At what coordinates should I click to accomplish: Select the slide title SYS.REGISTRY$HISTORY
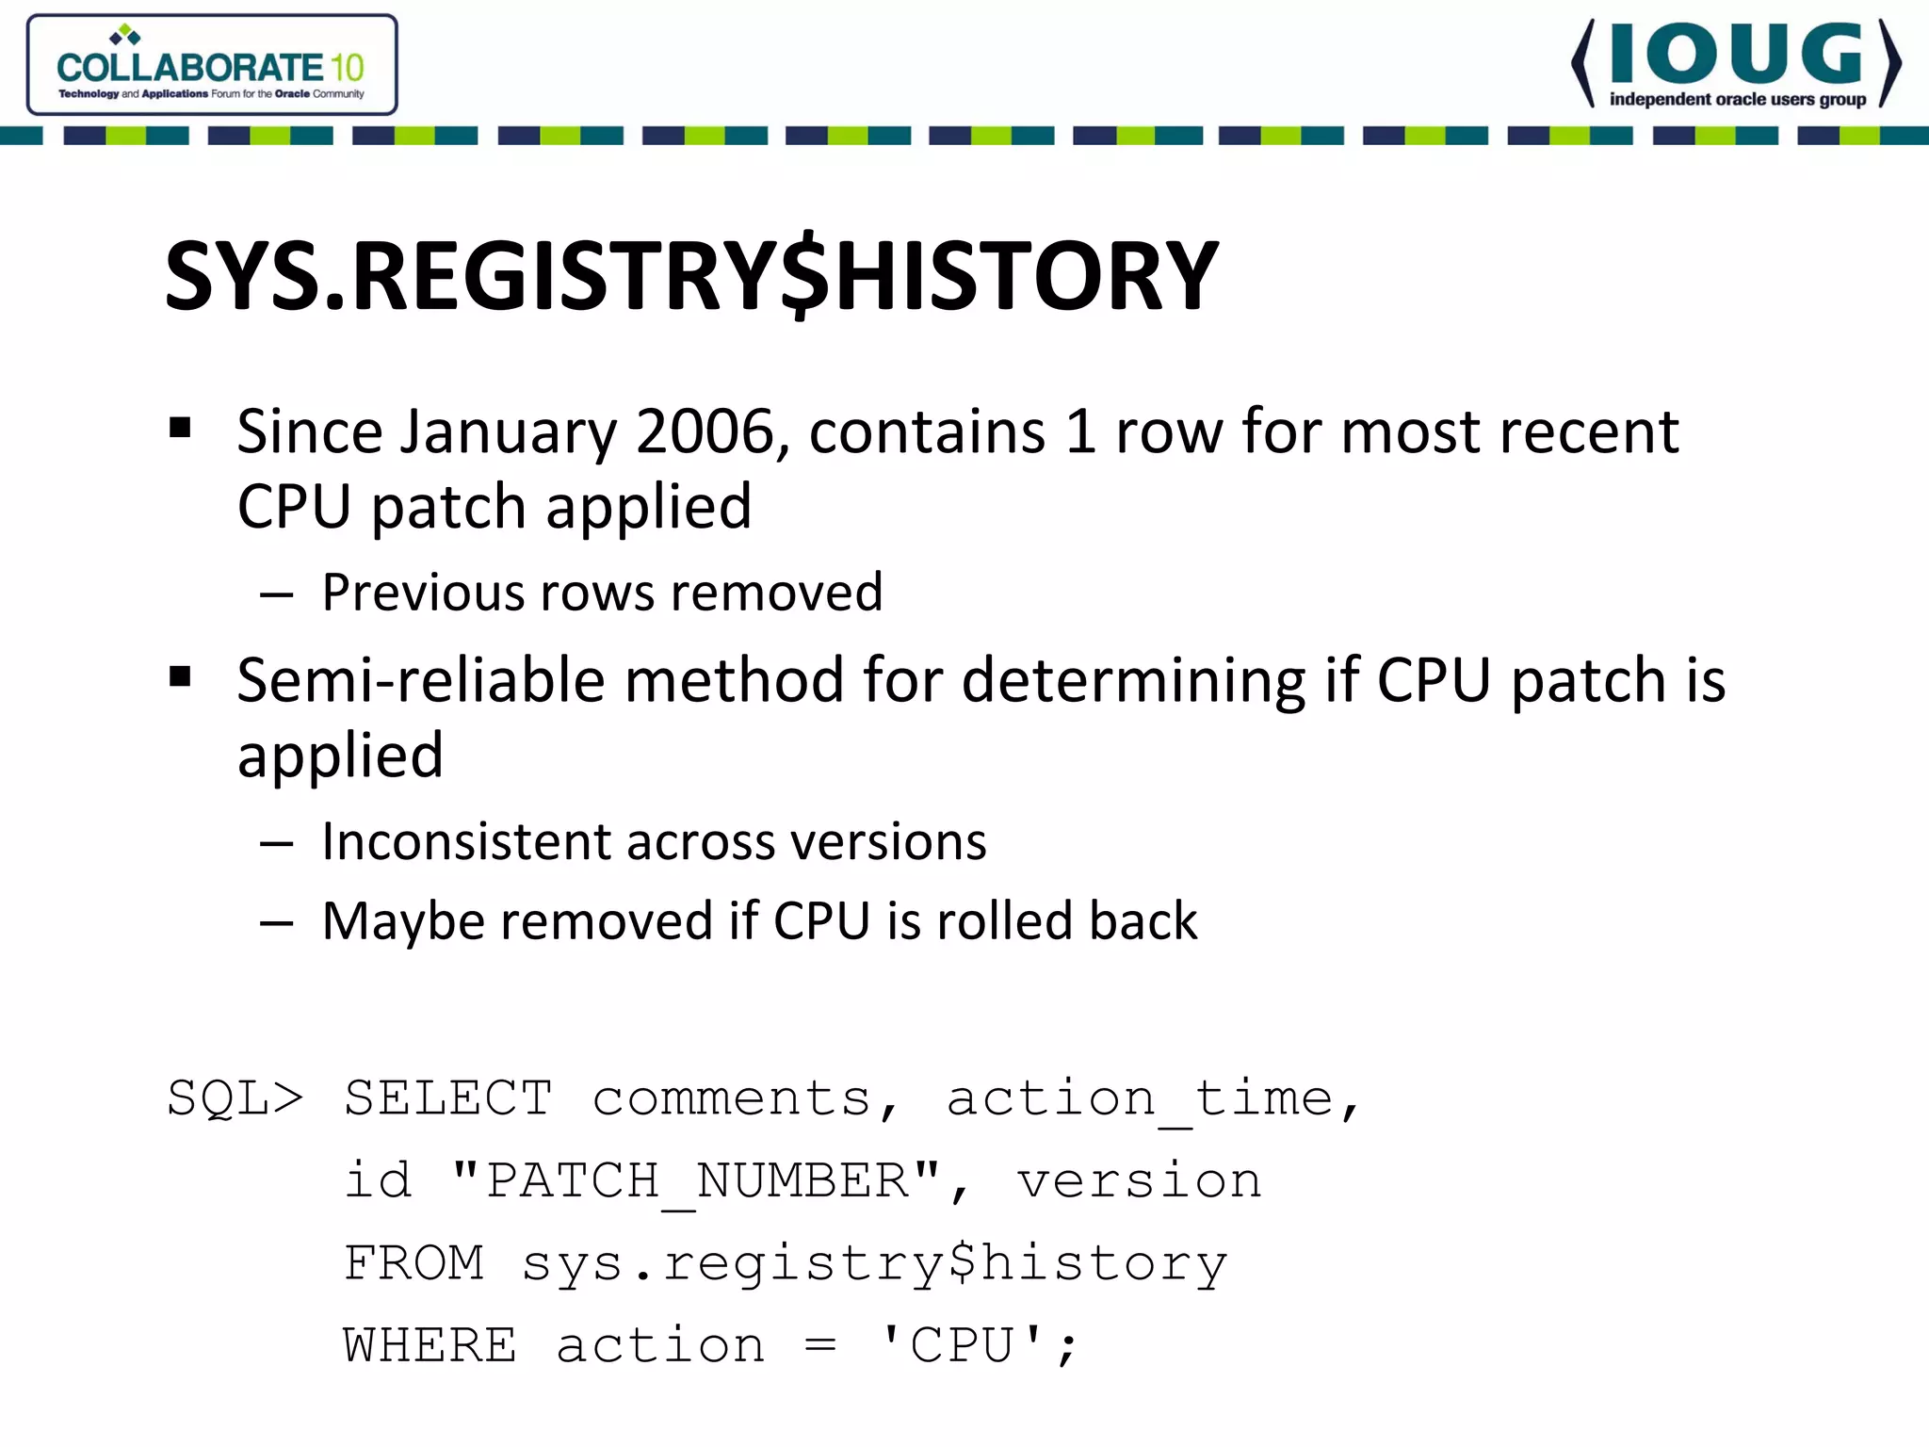coord(692,275)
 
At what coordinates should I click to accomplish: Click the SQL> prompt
coord(235,1098)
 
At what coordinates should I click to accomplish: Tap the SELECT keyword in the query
coord(448,1098)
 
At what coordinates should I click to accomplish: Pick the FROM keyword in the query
coord(414,1263)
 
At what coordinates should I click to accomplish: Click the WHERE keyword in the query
coord(430,1345)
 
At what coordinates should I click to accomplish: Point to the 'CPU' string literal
coord(961,1345)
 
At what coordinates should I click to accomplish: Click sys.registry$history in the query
coord(875,1263)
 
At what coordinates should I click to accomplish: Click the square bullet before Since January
coord(180,429)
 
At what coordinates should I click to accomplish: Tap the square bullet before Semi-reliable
coord(180,677)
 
